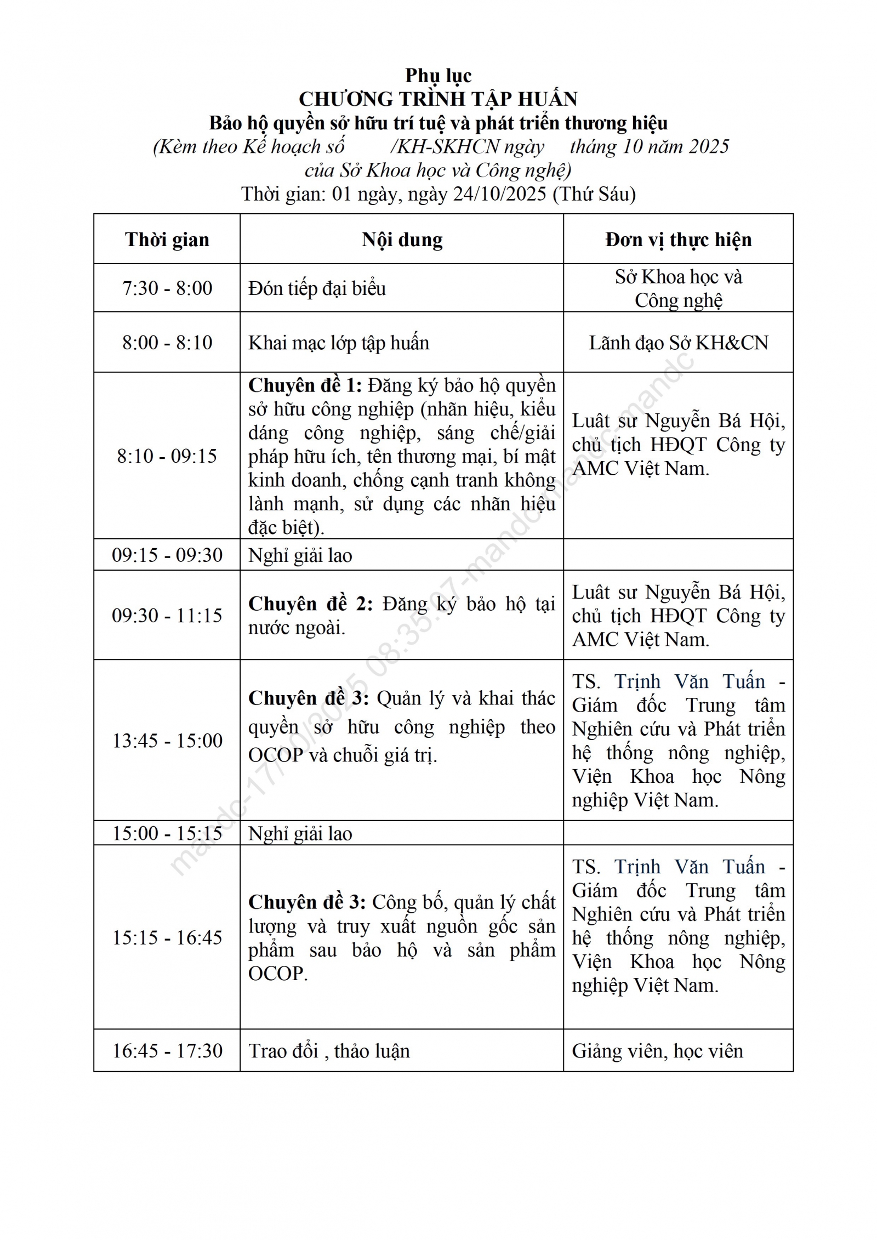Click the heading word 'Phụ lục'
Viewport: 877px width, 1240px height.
pos(438,76)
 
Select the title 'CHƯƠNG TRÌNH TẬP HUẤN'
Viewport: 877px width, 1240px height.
pos(438,99)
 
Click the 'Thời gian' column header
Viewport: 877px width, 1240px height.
pos(167,240)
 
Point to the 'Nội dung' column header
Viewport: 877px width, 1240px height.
pos(402,240)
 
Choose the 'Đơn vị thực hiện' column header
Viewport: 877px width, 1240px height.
pos(678,240)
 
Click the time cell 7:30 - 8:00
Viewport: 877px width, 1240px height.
pos(167,288)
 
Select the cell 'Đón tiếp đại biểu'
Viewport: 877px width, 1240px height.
pos(317,288)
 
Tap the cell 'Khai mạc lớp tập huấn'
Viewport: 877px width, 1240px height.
pos(338,343)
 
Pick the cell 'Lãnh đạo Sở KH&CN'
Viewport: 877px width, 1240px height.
pos(678,343)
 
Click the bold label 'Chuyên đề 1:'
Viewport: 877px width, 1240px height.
pos(305,386)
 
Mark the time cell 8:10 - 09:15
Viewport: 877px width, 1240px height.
pos(167,456)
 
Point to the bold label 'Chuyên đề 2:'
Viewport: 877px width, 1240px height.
pos(310,604)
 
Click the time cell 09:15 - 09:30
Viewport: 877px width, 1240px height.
pos(167,555)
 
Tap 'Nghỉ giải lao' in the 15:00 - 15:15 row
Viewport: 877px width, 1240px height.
pos(300,834)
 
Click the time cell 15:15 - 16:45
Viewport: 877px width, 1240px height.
pos(167,938)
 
